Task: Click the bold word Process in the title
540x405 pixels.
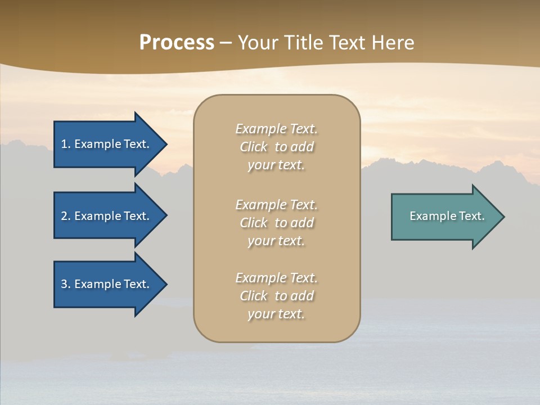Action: click(177, 43)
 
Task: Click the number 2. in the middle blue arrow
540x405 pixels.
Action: click(66, 216)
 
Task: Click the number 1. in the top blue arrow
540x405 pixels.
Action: click(66, 144)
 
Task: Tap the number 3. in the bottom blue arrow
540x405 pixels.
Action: click(66, 284)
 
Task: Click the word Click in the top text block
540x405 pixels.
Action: click(254, 147)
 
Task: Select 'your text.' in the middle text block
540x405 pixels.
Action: click(276, 241)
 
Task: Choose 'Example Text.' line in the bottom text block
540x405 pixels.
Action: click(276, 278)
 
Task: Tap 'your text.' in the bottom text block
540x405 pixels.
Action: click(276, 314)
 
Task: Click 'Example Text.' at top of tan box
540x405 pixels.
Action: click(276, 129)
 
